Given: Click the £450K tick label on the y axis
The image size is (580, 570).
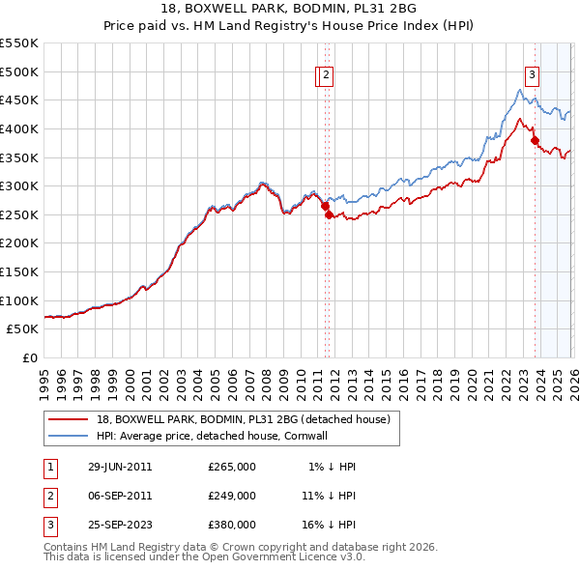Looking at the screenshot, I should coord(19,100).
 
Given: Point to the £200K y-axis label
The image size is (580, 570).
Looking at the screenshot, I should coord(19,242).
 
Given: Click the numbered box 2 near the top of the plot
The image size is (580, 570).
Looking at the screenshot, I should coord(327,76).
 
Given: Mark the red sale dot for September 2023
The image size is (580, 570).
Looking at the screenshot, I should coord(535,140).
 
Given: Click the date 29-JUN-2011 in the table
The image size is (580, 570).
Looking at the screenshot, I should coord(120,467).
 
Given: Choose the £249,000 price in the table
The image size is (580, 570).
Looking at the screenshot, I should coord(231,496).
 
